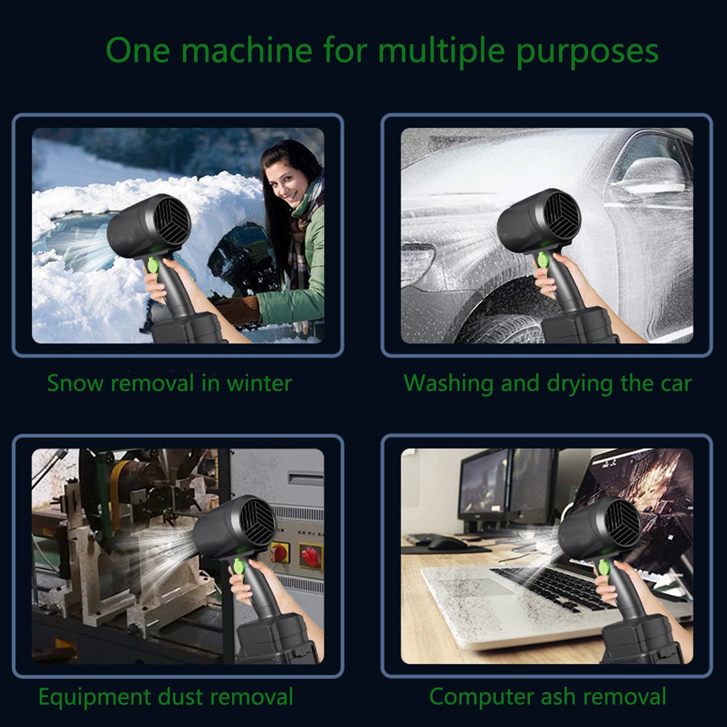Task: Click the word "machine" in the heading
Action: click(247, 50)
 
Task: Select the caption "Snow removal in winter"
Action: click(169, 383)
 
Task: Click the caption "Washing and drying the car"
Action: click(548, 383)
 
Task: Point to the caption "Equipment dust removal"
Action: click(166, 697)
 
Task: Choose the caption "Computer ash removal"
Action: click(548, 697)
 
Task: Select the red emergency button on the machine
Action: click(280, 554)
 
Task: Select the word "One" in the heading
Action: click(138, 50)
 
